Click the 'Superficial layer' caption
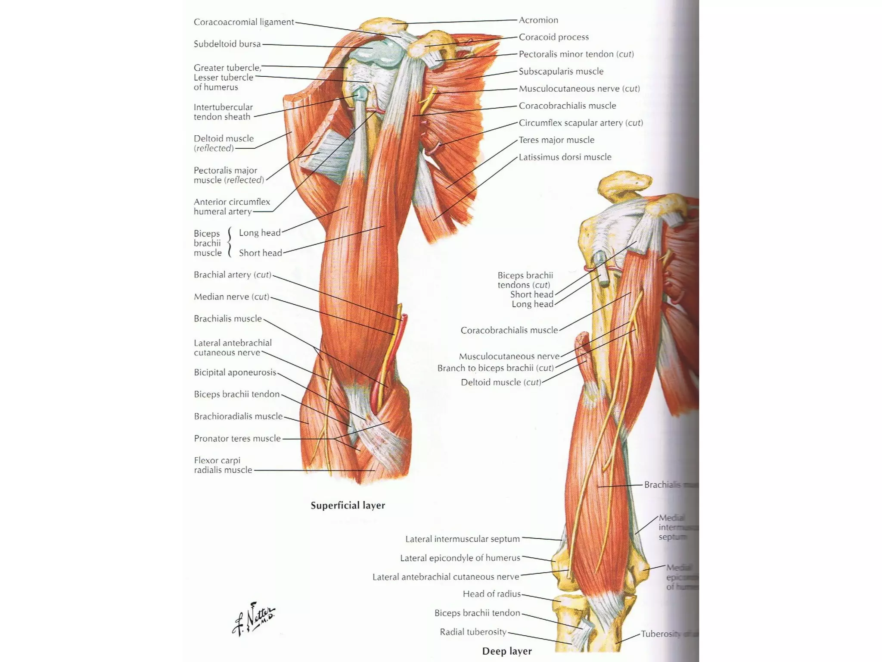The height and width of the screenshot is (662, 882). pyautogui.click(x=348, y=505)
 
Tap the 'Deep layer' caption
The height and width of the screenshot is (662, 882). pyautogui.click(x=506, y=651)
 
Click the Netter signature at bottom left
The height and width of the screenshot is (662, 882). pyautogui.click(x=254, y=619)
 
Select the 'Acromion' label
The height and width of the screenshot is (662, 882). pyautogui.click(x=538, y=20)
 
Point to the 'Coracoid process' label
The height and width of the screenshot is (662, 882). pyautogui.click(x=553, y=37)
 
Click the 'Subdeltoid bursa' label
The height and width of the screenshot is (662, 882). pyautogui.click(x=227, y=44)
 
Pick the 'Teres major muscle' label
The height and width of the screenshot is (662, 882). pyautogui.click(x=556, y=140)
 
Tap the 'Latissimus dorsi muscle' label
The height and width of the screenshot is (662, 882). pyautogui.click(x=565, y=157)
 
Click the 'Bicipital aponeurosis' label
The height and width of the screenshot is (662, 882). pyautogui.click(x=235, y=372)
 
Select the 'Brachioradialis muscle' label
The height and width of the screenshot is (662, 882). pyautogui.click(x=238, y=416)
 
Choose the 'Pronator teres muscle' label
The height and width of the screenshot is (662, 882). pyautogui.click(x=237, y=438)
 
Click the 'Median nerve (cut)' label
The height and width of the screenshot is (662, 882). pyautogui.click(x=231, y=297)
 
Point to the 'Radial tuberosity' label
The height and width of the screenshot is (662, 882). pyautogui.click(x=473, y=632)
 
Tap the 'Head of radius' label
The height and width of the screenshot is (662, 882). pyautogui.click(x=491, y=594)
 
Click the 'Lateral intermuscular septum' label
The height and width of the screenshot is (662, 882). pyautogui.click(x=463, y=539)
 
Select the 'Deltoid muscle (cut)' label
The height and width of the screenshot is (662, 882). pyautogui.click(x=501, y=382)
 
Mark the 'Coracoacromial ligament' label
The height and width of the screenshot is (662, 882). pyautogui.click(x=244, y=22)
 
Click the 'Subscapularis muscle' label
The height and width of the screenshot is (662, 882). pyautogui.click(x=561, y=71)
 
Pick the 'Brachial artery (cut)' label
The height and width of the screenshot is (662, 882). pyautogui.click(x=233, y=275)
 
